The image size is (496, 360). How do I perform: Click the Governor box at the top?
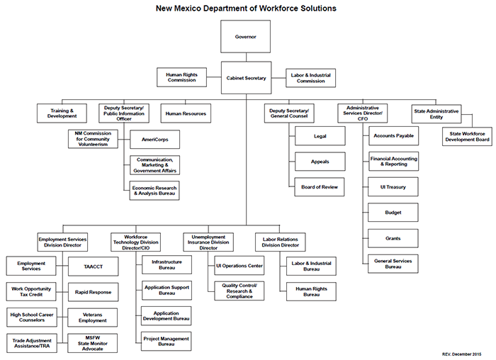(x=246, y=35)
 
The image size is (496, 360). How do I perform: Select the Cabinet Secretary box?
(x=246, y=78)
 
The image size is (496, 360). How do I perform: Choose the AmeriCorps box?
(x=154, y=140)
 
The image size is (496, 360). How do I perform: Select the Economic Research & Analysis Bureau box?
(x=154, y=190)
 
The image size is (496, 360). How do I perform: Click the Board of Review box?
(x=320, y=187)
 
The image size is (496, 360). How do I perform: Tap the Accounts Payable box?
(x=393, y=136)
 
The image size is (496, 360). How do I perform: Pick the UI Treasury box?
(x=393, y=186)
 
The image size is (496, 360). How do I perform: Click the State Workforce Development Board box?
(x=467, y=136)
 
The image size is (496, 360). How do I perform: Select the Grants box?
(x=393, y=237)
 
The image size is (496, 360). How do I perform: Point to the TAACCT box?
(x=93, y=267)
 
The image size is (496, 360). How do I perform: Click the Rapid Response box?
(x=93, y=292)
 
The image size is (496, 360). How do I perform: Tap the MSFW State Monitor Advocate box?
(x=93, y=342)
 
